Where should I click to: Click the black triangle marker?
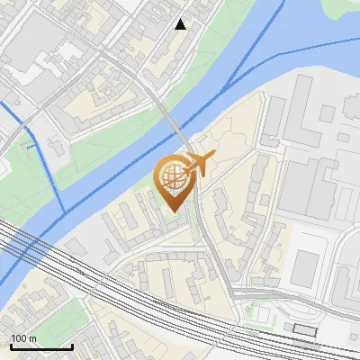tap(181, 24)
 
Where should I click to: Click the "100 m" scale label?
tap(23, 338)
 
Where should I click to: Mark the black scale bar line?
tap(41, 346)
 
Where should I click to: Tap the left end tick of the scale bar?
tap(11, 345)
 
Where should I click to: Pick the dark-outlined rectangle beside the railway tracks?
tap(305, 330)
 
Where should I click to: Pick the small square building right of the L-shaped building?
tap(343, 139)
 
